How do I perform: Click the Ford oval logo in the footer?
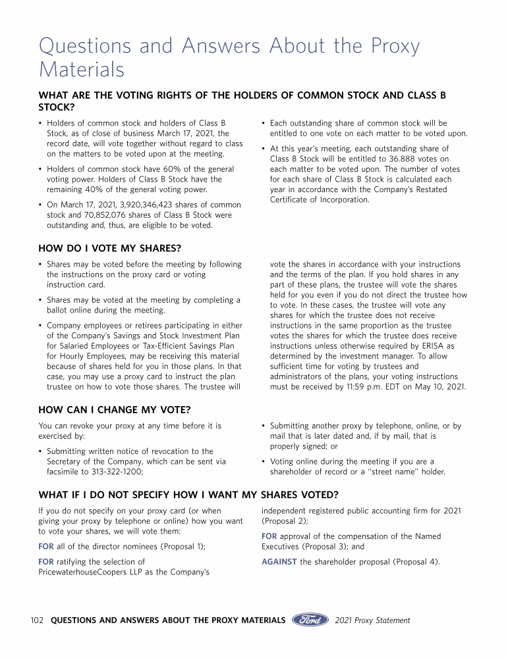(310, 620)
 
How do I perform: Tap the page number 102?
(38, 620)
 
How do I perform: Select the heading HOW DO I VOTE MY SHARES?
(110, 248)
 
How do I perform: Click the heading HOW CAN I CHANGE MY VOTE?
(115, 410)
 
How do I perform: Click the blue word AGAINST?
(279, 561)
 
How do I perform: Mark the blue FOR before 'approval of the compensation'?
(269, 536)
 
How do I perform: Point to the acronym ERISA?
(441, 346)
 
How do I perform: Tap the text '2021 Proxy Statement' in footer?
(372, 620)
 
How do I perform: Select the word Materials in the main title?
(82, 68)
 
